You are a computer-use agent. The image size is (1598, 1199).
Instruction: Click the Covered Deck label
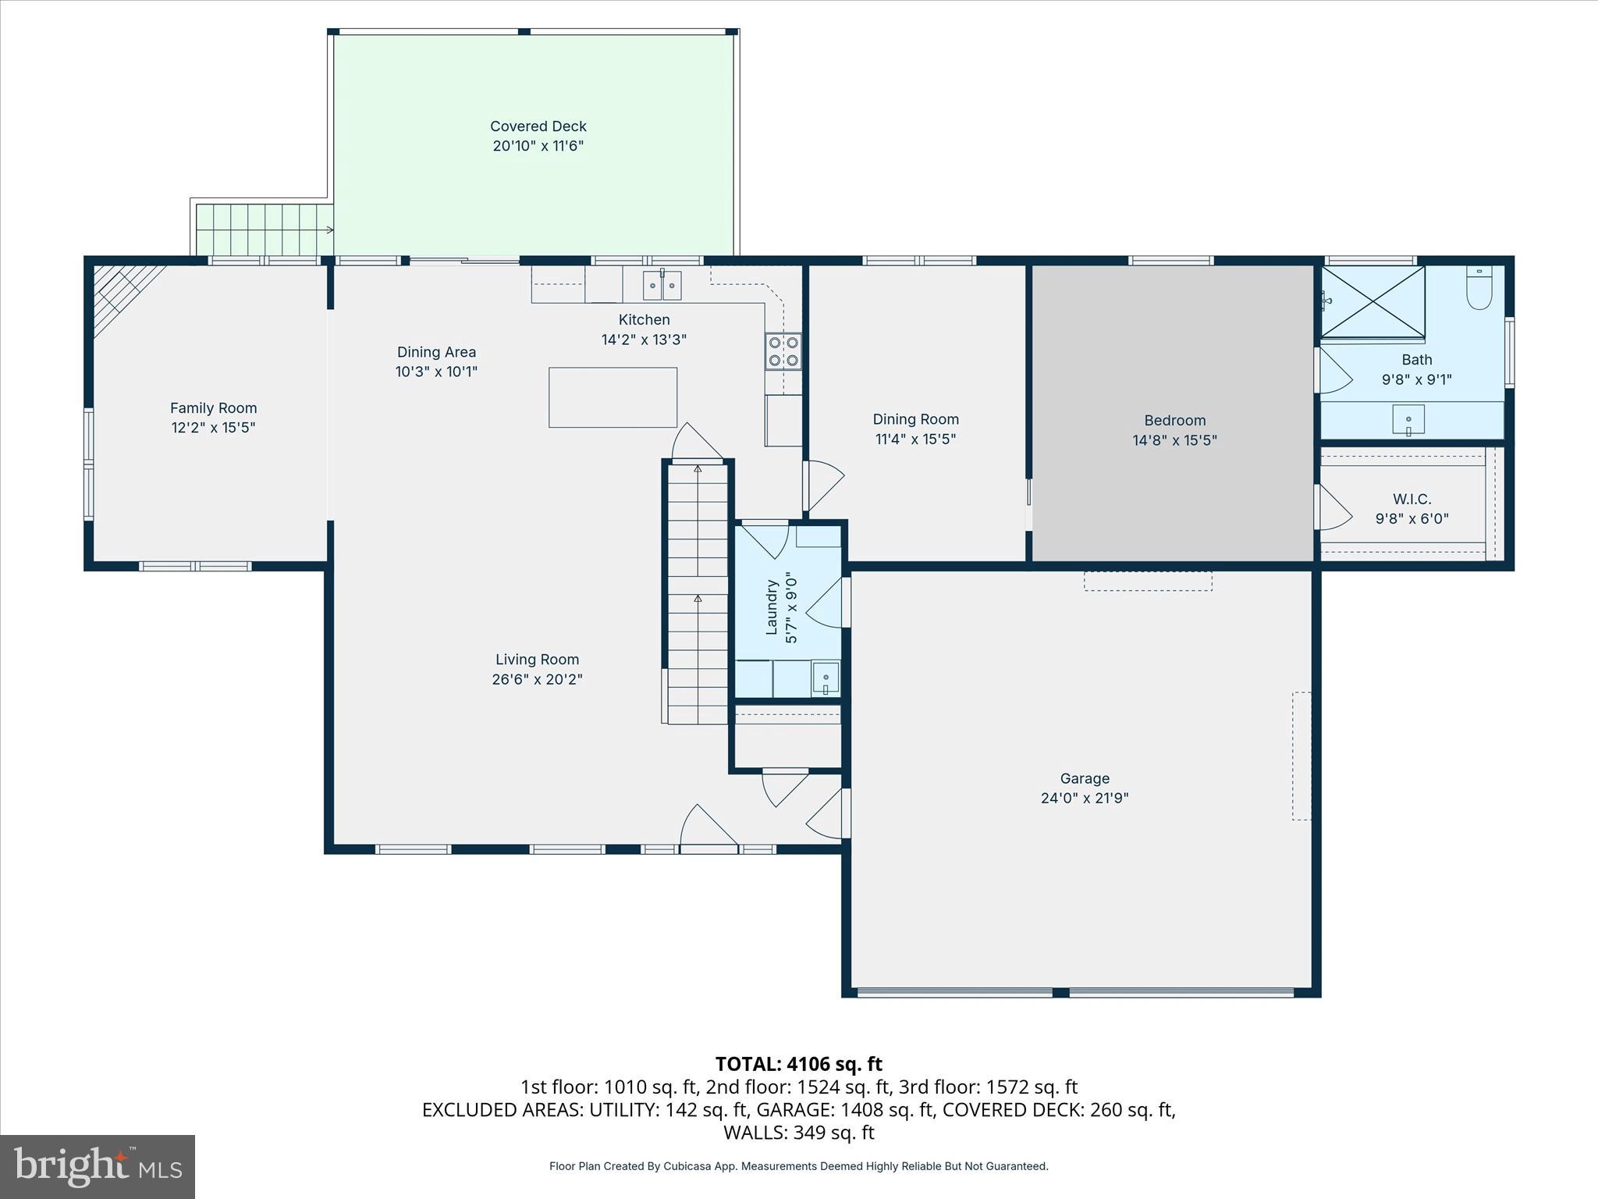(x=538, y=126)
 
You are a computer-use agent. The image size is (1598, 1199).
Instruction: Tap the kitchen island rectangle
(x=613, y=397)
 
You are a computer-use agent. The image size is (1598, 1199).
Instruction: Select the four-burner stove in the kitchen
(x=783, y=350)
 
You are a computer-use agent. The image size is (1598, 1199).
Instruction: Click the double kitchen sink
(x=662, y=286)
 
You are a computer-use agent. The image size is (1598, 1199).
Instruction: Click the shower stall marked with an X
(x=1373, y=301)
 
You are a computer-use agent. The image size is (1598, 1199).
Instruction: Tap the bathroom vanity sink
(x=1408, y=420)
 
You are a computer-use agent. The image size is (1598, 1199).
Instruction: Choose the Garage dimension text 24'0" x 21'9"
(x=1085, y=798)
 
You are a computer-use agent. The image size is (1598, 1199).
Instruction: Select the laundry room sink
(x=825, y=676)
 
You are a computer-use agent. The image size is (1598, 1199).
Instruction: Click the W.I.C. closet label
(x=1412, y=499)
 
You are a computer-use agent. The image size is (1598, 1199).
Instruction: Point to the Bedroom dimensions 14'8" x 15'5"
(x=1174, y=440)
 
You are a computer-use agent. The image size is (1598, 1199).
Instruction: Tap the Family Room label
(x=213, y=407)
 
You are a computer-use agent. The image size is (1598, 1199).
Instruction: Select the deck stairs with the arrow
(x=264, y=229)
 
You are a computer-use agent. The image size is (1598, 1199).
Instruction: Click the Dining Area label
(x=436, y=352)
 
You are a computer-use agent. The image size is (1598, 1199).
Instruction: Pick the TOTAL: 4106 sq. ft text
(x=798, y=1064)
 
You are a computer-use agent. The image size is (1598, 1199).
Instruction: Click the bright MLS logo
(x=98, y=1166)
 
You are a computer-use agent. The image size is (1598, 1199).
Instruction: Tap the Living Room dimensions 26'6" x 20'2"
(x=537, y=679)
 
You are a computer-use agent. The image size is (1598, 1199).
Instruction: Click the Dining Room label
(x=915, y=419)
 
